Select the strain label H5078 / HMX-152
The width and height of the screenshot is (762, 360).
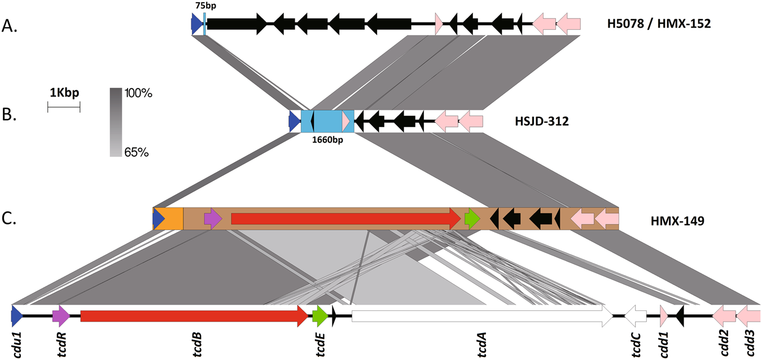(656, 24)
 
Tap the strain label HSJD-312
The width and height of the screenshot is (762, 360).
(541, 121)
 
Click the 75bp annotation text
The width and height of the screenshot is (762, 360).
(205, 5)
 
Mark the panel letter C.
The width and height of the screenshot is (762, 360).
(10, 219)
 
